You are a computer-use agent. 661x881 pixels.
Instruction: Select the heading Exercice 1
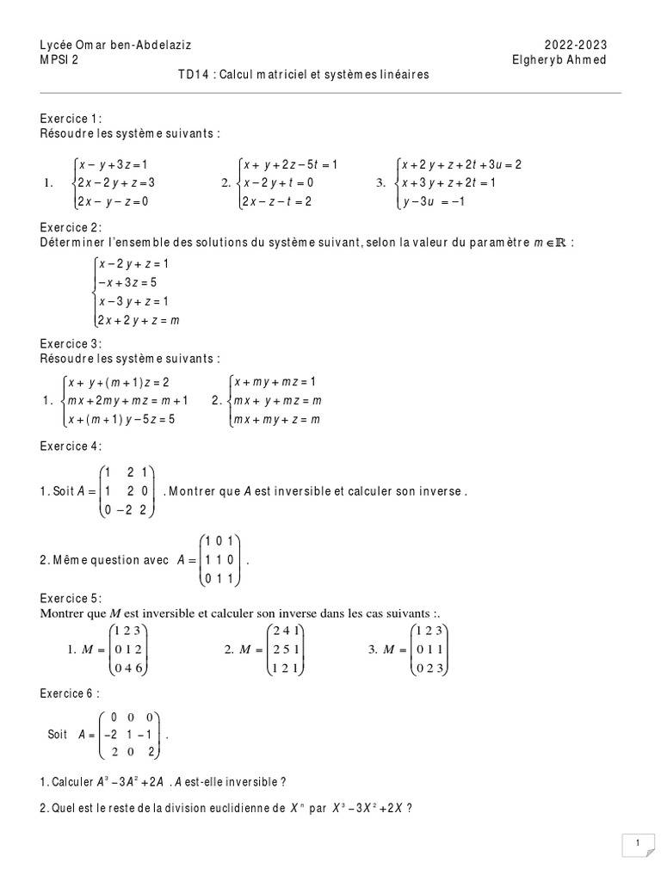click(71, 119)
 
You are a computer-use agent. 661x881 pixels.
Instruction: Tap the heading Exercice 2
click(71, 227)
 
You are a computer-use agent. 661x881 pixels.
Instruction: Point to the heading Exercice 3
click(71, 342)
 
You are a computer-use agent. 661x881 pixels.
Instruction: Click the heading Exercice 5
click(71, 598)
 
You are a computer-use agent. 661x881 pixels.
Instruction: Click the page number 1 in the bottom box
click(636, 844)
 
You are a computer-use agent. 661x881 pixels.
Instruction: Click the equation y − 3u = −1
click(434, 202)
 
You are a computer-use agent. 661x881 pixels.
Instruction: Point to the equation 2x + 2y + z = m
click(139, 320)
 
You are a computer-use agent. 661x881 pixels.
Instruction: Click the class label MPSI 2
click(59, 59)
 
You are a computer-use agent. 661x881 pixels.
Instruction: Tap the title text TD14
click(195, 75)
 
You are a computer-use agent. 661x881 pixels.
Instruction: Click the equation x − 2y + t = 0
click(278, 182)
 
